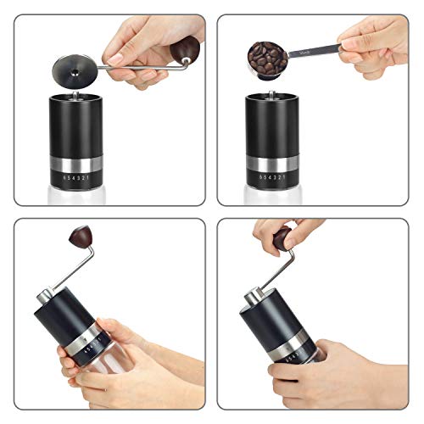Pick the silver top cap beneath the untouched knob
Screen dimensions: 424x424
47,297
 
